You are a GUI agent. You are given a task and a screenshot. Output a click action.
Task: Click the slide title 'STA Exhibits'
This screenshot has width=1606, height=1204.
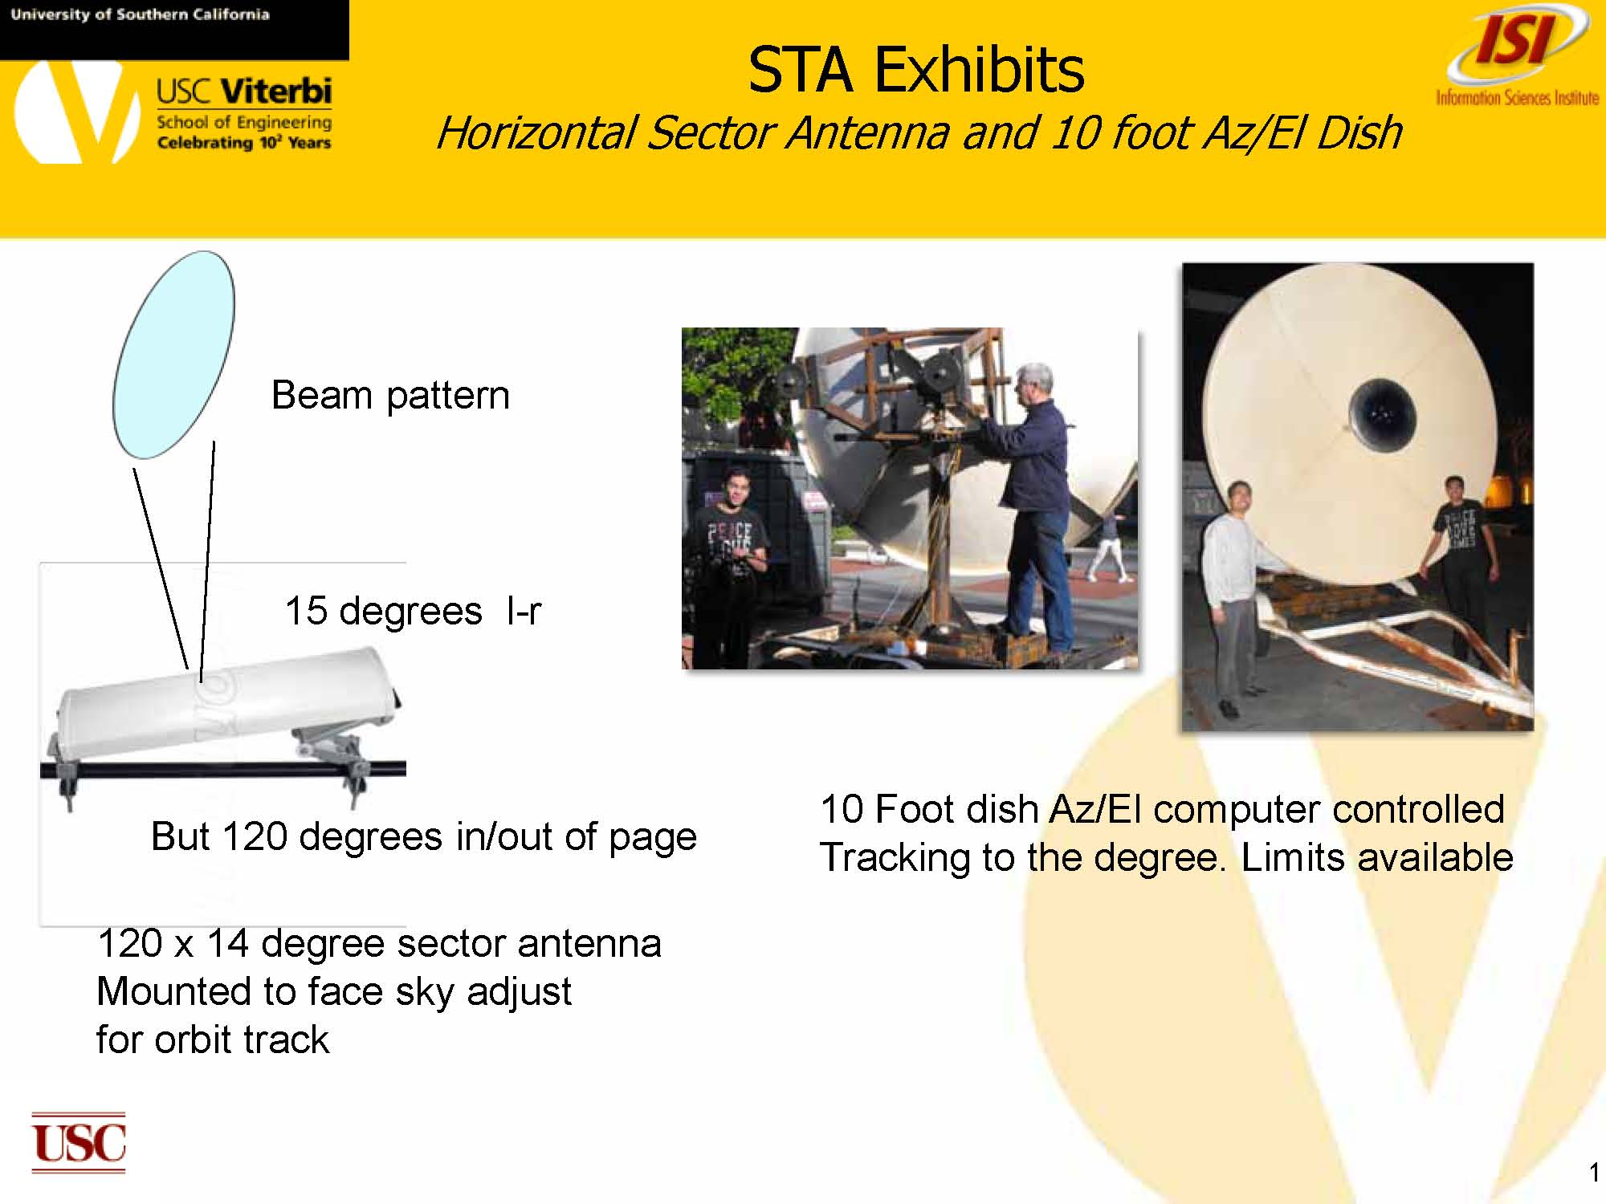(x=915, y=70)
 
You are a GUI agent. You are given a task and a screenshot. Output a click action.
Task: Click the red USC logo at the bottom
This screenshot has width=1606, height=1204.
(x=79, y=1142)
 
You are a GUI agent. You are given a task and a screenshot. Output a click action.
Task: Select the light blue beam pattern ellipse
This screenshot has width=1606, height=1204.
(x=173, y=354)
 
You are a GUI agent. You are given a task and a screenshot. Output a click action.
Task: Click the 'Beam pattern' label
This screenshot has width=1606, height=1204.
(x=390, y=395)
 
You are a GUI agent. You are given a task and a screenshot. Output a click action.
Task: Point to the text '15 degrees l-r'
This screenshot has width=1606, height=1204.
(x=413, y=611)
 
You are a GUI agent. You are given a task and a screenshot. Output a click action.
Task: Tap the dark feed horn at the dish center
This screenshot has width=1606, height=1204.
(x=1381, y=416)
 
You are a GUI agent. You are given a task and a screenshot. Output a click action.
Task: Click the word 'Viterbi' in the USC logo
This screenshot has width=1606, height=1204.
(x=276, y=91)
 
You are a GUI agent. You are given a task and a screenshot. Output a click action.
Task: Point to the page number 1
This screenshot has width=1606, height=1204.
(x=1593, y=1173)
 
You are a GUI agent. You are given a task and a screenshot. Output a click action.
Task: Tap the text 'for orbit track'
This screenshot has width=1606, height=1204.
(x=213, y=1039)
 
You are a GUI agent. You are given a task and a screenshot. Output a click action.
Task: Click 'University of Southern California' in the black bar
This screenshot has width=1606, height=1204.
(x=141, y=14)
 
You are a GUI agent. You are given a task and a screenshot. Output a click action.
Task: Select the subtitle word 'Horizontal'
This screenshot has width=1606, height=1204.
(x=536, y=132)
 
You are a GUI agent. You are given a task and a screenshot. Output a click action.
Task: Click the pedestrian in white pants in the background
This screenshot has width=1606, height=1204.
(x=1111, y=547)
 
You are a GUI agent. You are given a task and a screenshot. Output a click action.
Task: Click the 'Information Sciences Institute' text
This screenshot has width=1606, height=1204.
(x=1518, y=98)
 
